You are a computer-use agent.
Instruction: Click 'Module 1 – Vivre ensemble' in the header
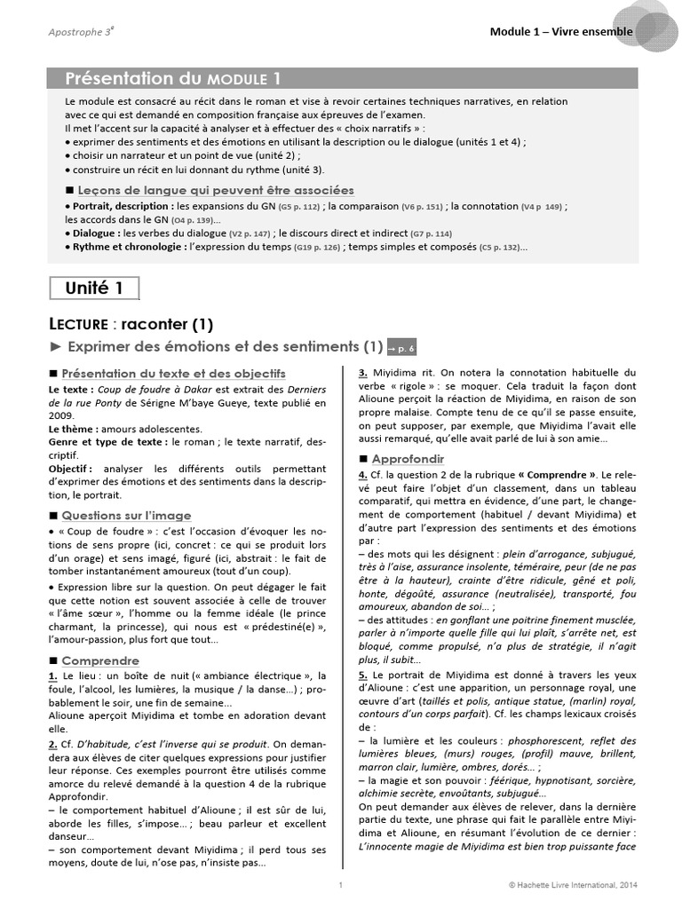tap(561, 32)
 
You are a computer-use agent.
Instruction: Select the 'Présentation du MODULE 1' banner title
tap(175, 78)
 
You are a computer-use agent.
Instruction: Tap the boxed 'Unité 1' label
tap(93, 288)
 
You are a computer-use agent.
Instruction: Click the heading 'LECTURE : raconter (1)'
tap(131, 324)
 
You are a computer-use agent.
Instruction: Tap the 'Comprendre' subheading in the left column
tap(100, 660)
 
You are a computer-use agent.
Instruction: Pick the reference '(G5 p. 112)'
tap(299, 206)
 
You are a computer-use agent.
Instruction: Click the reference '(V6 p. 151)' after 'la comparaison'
tap(423, 206)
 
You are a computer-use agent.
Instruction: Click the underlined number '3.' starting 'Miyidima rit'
tap(363, 373)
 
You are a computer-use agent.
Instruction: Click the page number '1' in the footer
tap(341, 885)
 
